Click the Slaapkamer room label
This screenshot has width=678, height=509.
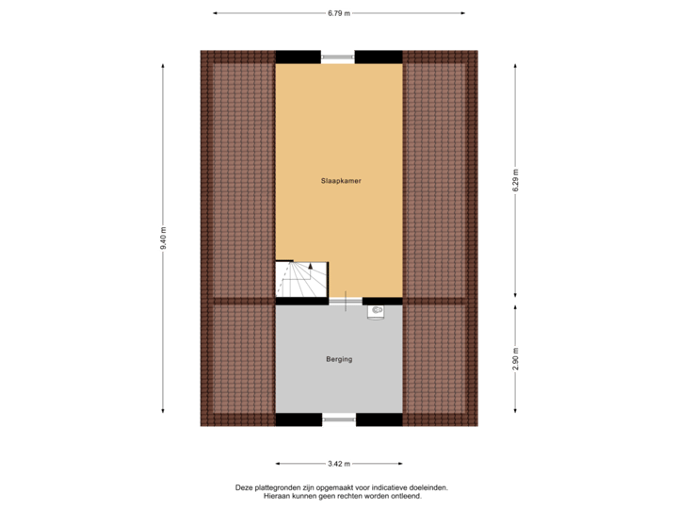pos(339,179)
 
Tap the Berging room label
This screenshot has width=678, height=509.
pos(339,359)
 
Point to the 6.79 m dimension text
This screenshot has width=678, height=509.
pos(339,13)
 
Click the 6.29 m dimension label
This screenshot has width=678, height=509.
pos(515,180)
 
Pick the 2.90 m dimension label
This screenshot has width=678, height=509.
pos(515,358)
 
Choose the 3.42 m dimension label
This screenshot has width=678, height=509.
pos(339,464)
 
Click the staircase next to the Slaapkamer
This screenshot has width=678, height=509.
pos(299,281)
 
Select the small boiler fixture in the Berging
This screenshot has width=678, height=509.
pos(378,309)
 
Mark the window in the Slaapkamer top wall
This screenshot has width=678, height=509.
pos(339,57)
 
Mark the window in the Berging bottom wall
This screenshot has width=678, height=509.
pos(339,420)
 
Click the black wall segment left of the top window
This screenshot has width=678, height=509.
pos(298,57)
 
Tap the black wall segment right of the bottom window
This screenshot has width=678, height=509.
pos(379,420)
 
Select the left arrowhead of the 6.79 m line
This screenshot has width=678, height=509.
pos(216,13)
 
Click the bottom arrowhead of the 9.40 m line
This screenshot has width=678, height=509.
pos(164,411)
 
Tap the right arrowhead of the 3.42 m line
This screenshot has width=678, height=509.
pos(400,464)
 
